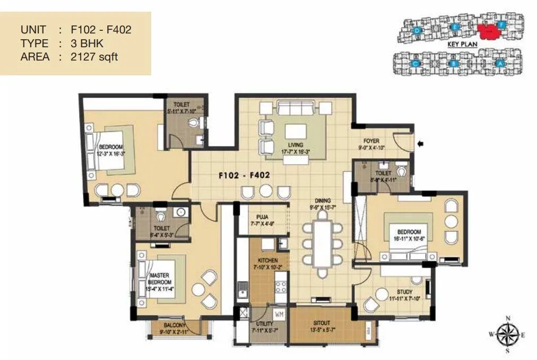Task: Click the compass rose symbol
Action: pos(508,334)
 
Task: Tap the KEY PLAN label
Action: pos(460,45)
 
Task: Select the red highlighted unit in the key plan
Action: pos(490,32)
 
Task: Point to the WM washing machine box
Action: pos(279,315)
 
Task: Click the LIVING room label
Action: pos(296,145)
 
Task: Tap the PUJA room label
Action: pos(261,217)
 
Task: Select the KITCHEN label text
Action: pos(268,260)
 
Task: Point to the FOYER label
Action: pos(371,141)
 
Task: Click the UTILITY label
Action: pos(264,324)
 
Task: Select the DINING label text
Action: pos(323,200)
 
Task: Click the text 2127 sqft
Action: pos(96,57)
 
